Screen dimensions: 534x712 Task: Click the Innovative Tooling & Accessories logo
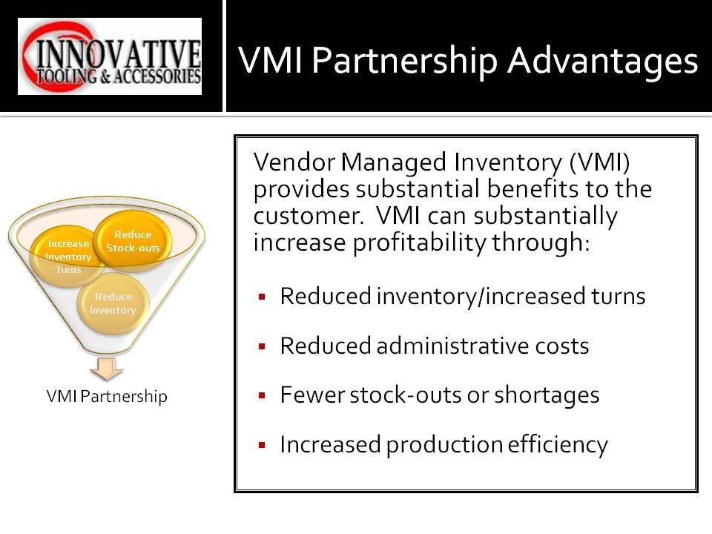tap(110, 56)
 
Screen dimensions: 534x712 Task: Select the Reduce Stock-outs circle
tap(133, 241)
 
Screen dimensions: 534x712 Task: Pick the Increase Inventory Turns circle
tap(68, 257)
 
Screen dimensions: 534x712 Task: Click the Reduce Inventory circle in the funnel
tap(113, 304)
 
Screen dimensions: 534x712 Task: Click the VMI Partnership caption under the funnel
tap(107, 397)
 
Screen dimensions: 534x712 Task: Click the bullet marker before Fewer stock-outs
tap(262, 396)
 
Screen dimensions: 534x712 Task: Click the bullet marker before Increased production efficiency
tap(262, 446)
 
